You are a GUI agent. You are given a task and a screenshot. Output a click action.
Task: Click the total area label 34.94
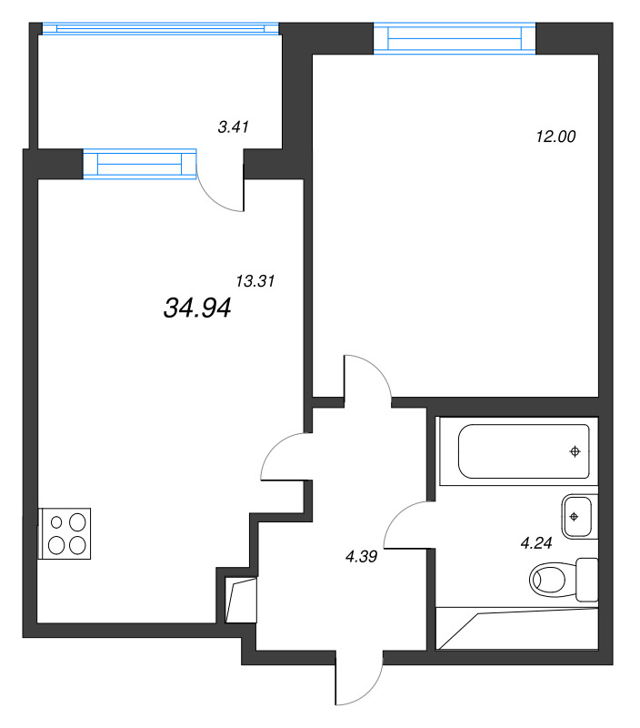pyautogui.click(x=197, y=308)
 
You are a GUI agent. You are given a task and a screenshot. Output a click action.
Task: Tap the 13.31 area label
pyautogui.click(x=255, y=281)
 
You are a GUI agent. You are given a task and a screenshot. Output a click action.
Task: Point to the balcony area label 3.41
pyautogui.click(x=234, y=127)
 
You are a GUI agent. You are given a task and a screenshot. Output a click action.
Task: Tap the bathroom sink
pyautogui.click(x=575, y=516)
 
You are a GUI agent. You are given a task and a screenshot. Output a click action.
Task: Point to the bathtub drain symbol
pyautogui.click(x=575, y=451)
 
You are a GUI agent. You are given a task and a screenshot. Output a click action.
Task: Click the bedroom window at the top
pyautogui.click(x=455, y=39)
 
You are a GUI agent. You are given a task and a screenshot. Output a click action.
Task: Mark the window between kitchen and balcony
pyautogui.click(x=140, y=164)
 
